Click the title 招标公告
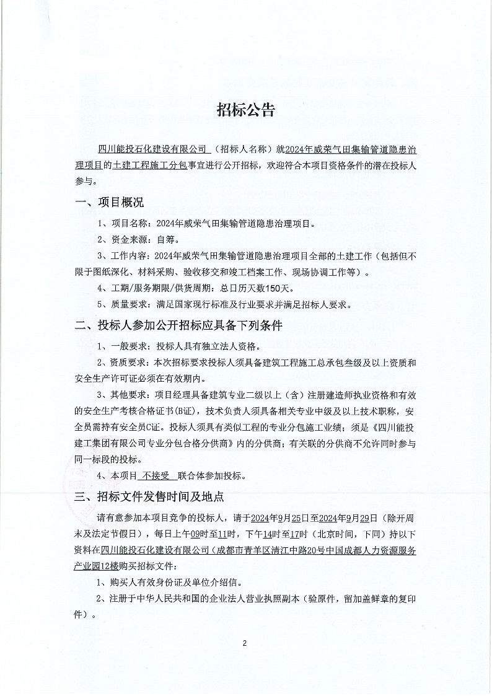click(245, 111)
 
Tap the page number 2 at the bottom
click(245, 643)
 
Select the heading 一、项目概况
click(109, 203)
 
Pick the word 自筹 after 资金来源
click(167, 239)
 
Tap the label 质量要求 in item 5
click(132, 304)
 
